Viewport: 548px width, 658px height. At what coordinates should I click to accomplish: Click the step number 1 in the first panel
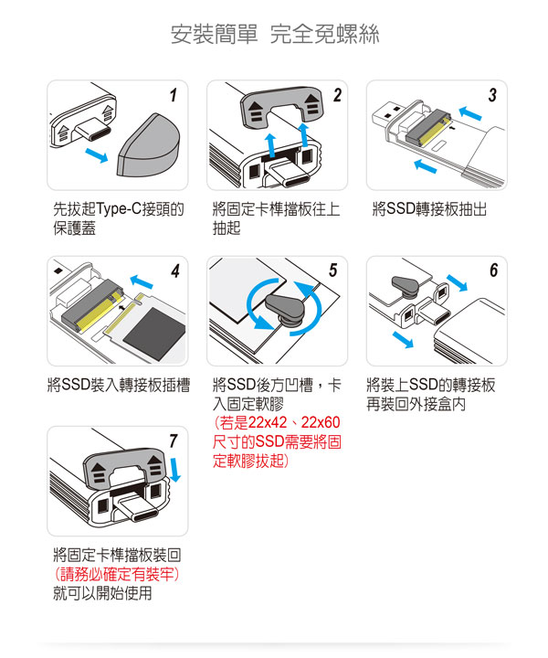pyautogui.click(x=174, y=95)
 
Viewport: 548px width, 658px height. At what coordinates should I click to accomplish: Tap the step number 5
pyautogui.click(x=332, y=271)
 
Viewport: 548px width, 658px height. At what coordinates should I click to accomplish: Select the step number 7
pyautogui.click(x=174, y=441)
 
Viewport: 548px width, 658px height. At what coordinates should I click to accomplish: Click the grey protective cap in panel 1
pyautogui.click(x=149, y=144)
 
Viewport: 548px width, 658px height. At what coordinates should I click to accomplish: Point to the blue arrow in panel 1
pyautogui.click(x=96, y=154)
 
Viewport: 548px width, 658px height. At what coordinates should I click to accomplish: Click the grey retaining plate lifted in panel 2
pyautogui.click(x=281, y=105)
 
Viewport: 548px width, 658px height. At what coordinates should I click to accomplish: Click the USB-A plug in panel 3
pyautogui.click(x=386, y=113)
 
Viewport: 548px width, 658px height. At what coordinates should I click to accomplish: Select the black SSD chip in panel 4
pyautogui.click(x=154, y=334)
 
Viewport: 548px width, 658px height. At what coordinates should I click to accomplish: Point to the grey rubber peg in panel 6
pyautogui.click(x=405, y=287)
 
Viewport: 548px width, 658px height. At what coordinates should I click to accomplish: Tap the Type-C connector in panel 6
pyautogui.click(x=434, y=313)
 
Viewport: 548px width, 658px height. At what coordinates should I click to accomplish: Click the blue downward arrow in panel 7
pyautogui.click(x=174, y=470)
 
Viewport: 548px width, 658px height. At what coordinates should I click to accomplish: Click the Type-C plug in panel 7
pyautogui.click(x=136, y=508)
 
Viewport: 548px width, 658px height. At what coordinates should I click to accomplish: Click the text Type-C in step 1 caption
pyautogui.click(x=119, y=208)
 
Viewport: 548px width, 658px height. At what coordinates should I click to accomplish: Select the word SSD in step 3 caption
pyautogui.click(x=400, y=208)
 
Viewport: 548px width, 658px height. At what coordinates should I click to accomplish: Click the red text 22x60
pyautogui.click(x=321, y=422)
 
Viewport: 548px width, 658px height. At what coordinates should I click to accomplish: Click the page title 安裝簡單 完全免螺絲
pyautogui.click(x=275, y=35)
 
